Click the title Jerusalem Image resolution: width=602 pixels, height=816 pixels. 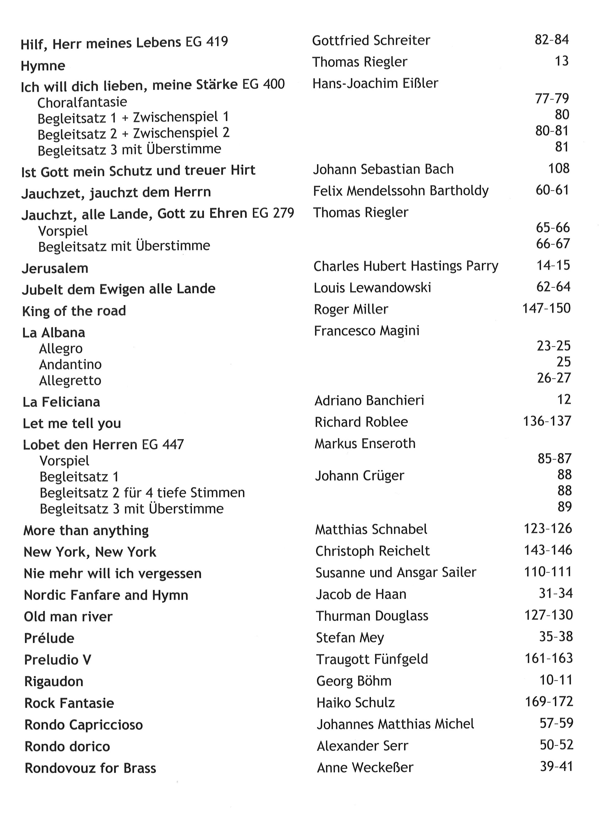tap(55, 268)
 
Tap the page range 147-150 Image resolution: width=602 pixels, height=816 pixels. tap(546, 309)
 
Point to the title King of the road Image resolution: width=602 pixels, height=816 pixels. tap(74, 311)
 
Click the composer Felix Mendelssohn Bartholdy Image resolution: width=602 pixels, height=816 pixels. tap(400, 191)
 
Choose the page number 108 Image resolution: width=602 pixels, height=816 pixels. tap(558, 169)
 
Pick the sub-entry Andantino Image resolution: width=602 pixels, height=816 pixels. tap(70, 365)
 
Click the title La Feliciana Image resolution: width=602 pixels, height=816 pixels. tap(61, 402)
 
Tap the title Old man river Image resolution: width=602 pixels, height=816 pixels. tap(68, 617)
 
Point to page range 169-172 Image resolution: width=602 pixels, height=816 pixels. tap(549, 702)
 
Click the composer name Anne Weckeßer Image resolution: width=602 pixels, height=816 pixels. tap(365, 768)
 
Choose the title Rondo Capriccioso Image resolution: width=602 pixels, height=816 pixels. tap(83, 725)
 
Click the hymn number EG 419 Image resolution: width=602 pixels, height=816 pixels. tap(207, 41)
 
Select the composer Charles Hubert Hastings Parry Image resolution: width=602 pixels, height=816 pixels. tap(406, 266)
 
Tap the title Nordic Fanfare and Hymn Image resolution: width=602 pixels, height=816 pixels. tap(106, 595)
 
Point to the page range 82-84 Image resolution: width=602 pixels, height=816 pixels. tap(551, 39)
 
